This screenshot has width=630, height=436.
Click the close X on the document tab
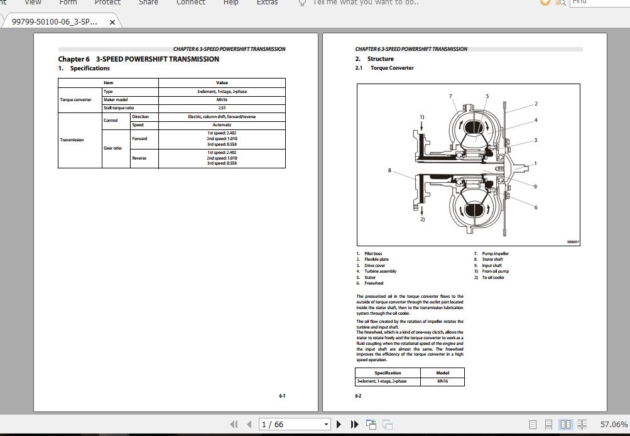tap(112, 22)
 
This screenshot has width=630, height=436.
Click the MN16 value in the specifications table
tap(222, 100)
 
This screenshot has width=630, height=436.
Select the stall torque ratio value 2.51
tap(222, 108)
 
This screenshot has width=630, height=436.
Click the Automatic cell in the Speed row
tap(222, 125)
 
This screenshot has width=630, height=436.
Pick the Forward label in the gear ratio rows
tap(139, 139)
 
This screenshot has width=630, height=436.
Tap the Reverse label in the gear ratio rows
tap(139, 158)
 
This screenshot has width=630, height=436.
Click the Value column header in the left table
tap(222, 82)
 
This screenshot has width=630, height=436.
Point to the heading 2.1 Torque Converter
tap(392, 68)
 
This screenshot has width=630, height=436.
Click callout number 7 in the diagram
tap(450, 96)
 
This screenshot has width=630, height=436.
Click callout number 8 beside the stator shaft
tap(389, 170)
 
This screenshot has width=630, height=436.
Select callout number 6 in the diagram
tap(536, 207)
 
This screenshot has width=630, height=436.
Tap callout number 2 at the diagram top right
tap(536, 104)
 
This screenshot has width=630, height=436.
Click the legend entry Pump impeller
tap(495, 254)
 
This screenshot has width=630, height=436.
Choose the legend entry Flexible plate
tap(376, 259)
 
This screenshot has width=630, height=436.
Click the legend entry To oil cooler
tap(493, 277)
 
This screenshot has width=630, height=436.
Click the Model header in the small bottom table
tap(442, 373)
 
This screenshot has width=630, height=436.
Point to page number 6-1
tap(282, 396)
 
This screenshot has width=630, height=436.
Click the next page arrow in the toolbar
tap(339, 425)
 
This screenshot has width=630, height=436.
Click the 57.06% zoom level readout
tap(614, 425)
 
